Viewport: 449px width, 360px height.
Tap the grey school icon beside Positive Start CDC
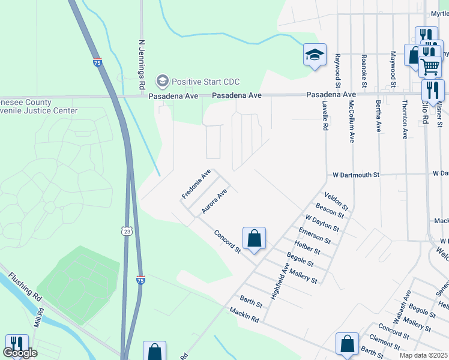pos(161,81)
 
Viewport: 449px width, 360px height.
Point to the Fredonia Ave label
pos(196,184)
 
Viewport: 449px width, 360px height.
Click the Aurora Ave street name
pos(214,202)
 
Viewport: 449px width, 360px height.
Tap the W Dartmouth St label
pos(357,175)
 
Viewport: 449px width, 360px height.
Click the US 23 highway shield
pos(125,231)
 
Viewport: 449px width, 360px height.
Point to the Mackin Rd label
pos(244,314)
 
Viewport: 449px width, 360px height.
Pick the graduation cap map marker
pos(315,55)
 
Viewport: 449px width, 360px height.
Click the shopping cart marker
pos(430,67)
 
